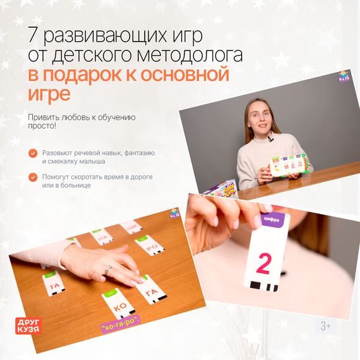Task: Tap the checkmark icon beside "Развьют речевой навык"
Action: [x=33, y=153]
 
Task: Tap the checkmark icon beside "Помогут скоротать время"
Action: [x=33, y=177]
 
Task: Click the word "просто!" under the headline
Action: [x=42, y=126]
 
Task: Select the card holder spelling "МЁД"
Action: [x=288, y=165]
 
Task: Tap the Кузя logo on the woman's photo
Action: [x=344, y=77]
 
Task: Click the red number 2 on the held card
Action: [x=264, y=263]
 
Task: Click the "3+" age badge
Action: [x=326, y=326]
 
